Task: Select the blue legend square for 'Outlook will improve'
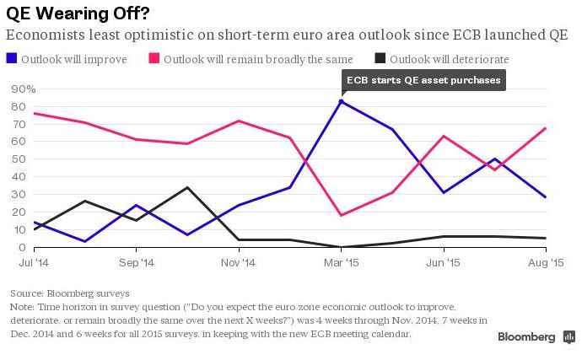[x=11, y=59]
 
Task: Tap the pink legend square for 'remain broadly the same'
[x=154, y=59]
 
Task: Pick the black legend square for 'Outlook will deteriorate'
[x=380, y=59]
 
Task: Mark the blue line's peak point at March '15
[x=341, y=101]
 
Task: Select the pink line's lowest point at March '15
[x=341, y=215]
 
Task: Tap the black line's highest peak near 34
[x=187, y=187]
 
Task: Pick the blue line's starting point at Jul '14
[x=34, y=223]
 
